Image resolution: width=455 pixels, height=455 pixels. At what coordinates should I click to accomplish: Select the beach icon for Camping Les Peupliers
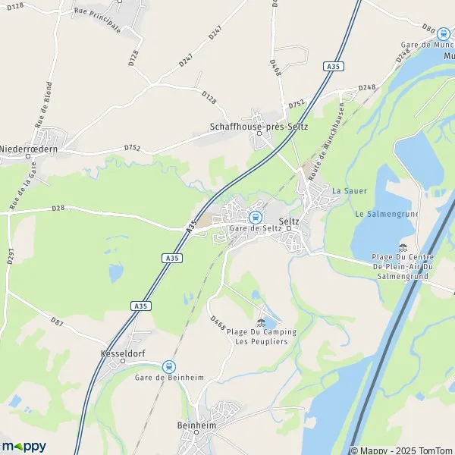(x=262, y=322)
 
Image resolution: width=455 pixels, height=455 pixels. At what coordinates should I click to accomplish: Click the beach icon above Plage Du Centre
(x=402, y=248)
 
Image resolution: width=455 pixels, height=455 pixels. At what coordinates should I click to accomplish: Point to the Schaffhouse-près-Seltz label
(x=259, y=127)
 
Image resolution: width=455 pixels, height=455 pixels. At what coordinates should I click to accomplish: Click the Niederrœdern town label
(x=29, y=149)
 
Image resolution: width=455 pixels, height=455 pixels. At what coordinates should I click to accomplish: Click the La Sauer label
(x=345, y=190)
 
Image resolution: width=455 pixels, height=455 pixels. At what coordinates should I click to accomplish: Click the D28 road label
(x=58, y=208)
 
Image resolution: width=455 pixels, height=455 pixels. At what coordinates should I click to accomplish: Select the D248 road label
(x=367, y=88)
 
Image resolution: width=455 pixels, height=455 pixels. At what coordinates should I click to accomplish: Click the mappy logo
(x=24, y=446)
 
